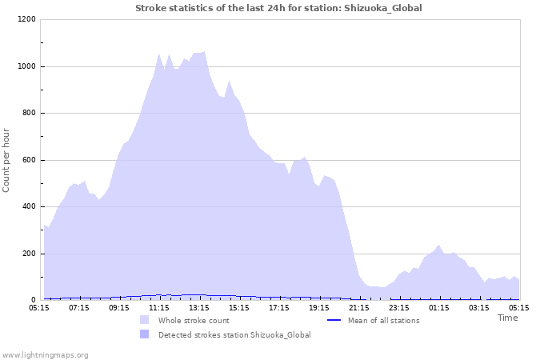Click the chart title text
pos(278,8)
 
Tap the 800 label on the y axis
pos(28,113)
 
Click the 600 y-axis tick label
pos(28,160)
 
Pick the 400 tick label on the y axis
pos(28,207)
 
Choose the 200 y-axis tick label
pos(28,254)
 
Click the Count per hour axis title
pos(7,160)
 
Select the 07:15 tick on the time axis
pos(79,307)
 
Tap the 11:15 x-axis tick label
pos(159,307)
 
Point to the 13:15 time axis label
pos(199,307)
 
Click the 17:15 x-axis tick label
pos(279,307)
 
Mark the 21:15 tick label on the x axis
pos(359,307)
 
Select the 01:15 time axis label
pos(439,307)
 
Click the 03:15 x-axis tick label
pos(479,307)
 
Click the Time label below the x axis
pos(507,318)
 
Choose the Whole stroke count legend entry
pos(193,321)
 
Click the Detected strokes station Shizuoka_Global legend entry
pos(234,335)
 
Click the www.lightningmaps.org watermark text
pos(45,354)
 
